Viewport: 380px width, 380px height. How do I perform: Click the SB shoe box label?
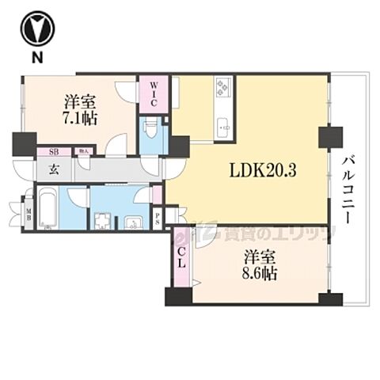click(x=53, y=150)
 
